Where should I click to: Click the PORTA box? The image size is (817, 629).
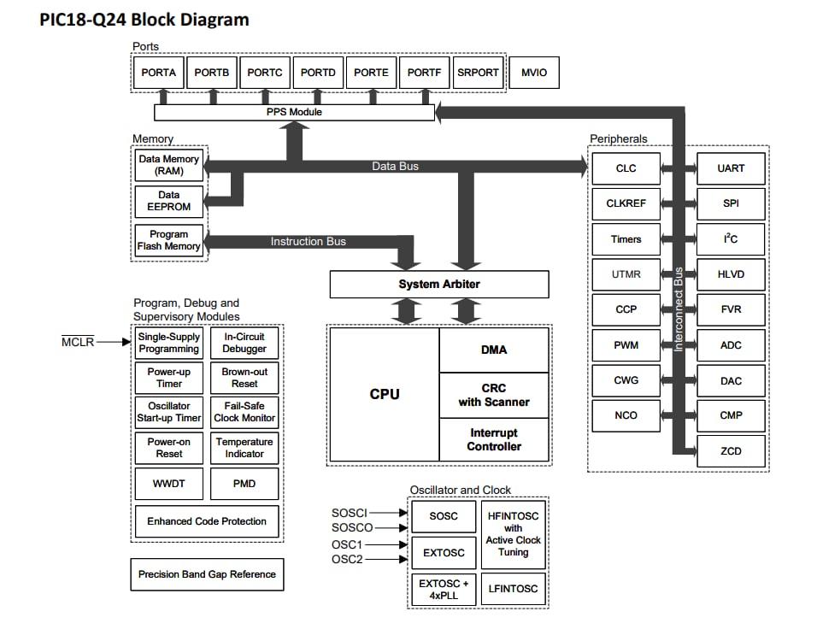[159, 73]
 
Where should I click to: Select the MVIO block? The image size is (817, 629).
[534, 73]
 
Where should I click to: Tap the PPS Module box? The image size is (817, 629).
[293, 112]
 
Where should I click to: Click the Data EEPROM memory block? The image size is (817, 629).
[169, 201]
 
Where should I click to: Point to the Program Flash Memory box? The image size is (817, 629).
[169, 240]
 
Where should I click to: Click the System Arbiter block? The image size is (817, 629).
[439, 285]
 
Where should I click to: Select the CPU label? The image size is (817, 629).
[385, 394]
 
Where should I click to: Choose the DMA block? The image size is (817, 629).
[494, 350]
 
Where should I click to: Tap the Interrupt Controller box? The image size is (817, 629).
[494, 440]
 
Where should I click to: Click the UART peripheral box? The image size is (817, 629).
[731, 168]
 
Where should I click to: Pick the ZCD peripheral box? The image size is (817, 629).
[731, 450]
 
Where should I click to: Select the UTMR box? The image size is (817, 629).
[626, 274]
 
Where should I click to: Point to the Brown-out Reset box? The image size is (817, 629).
[244, 378]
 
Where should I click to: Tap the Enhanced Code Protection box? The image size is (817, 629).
[207, 521]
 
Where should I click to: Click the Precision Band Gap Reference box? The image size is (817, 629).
[207, 574]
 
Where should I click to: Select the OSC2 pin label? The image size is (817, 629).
[347, 559]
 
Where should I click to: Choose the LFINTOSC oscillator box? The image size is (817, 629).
[513, 589]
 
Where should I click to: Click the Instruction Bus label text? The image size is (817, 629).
[309, 242]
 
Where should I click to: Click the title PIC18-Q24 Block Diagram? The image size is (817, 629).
[144, 20]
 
